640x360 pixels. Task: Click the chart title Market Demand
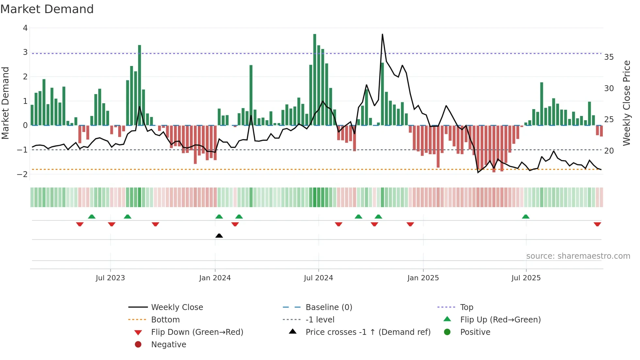[47, 9]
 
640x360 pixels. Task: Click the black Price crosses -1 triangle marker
[219, 236]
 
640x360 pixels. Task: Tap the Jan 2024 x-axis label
[215, 278]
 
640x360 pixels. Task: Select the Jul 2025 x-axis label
[526, 278]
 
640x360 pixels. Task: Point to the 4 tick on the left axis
[25, 28]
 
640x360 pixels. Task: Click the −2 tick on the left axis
[23, 174]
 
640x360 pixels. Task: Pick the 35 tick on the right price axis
[609, 57]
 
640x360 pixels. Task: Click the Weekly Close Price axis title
[627, 103]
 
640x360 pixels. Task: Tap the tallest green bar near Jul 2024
[315, 78]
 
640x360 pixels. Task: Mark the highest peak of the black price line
[382, 34]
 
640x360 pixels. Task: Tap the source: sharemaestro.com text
[578, 256]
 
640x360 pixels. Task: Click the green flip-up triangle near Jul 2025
[526, 217]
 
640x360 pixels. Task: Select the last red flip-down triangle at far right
[597, 224]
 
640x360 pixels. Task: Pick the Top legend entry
[466, 307]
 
